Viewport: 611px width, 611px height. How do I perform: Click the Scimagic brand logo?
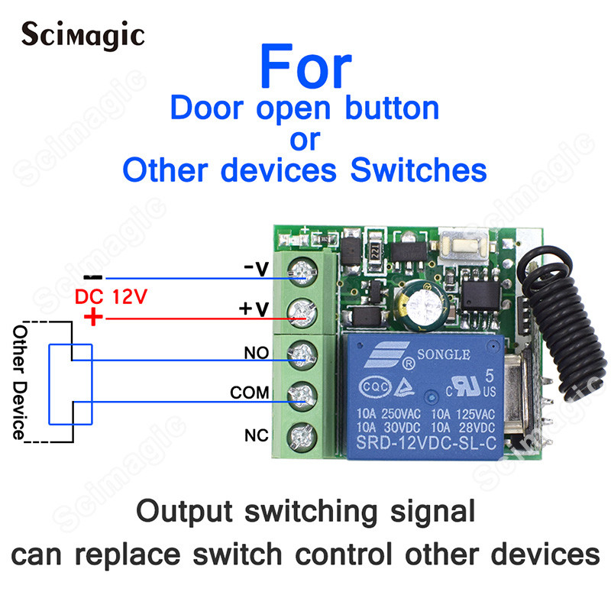pyautogui.click(x=82, y=34)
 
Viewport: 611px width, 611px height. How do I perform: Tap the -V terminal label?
pyautogui.click(x=256, y=269)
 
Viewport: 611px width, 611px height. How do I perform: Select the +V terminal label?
pyautogui.click(x=255, y=309)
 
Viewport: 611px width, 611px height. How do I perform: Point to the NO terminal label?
pyautogui.click(x=257, y=354)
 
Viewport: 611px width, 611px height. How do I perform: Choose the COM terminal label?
pyautogui.click(x=250, y=393)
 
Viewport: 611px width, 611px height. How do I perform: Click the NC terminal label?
pyautogui.click(x=255, y=436)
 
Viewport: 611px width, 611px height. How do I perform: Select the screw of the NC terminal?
pyautogui.click(x=301, y=438)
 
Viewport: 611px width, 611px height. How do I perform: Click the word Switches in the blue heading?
pyautogui.click(x=417, y=169)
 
